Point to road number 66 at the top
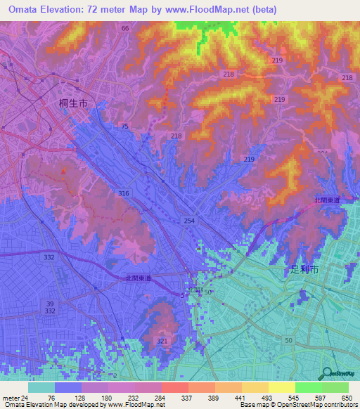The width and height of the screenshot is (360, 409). point(125,28)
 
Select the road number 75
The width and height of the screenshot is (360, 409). point(124,126)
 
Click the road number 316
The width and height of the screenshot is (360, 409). point(124,193)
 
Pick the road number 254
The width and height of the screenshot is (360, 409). point(189,221)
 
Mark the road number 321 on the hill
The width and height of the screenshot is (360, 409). point(162,341)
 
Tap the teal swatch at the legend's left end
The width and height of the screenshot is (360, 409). point(41,387)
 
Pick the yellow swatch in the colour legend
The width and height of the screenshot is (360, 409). point(255,387)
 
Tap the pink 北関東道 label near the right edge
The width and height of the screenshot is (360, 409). point(327,200)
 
